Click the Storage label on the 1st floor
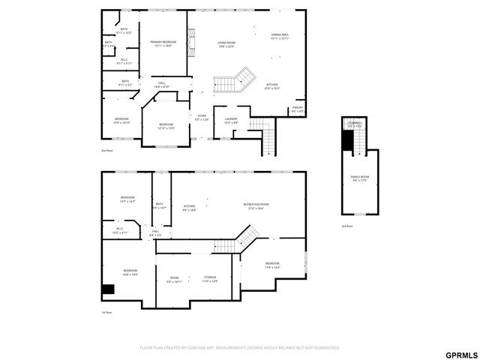(x=210, y=279)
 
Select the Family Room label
(x=360, y=178)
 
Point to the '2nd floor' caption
(x=107, y=151)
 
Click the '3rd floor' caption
(x=347, y=226)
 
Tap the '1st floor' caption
(x=107, y=312)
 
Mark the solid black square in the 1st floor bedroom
(x=108, y=289)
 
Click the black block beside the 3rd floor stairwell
(x=347, y=140)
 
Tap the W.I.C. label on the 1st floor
(x=121, y=231)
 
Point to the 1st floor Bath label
(x=159, y=205)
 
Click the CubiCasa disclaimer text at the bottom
(x=240, y=347)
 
